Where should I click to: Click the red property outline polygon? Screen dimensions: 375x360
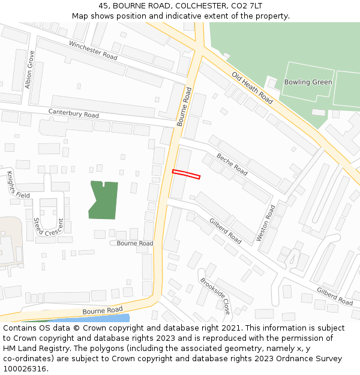pos(186,175)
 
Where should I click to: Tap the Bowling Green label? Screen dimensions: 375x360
pos(308,82)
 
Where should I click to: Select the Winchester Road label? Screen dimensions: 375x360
pos(93,50)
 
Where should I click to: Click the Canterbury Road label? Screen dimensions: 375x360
pos(73,113)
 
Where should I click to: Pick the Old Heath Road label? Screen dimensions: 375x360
pos(252,88)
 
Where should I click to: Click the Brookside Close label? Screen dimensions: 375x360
pos(215,296)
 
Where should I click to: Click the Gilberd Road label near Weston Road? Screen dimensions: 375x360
pos(225,230)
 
